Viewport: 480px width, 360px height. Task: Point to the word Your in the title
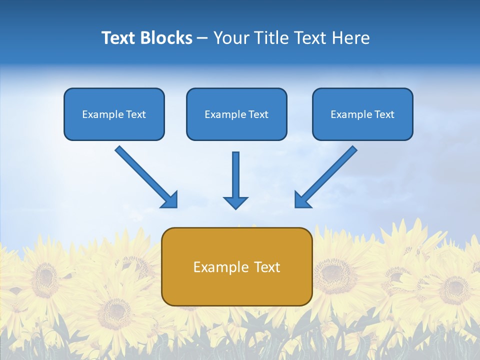[x=231, y=38]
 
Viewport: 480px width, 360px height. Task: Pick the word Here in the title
[x=351, y=38]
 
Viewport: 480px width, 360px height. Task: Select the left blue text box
[x=114, y=114]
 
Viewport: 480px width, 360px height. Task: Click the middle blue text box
[x=236, y=114]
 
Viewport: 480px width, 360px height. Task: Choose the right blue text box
[x=362, y=114]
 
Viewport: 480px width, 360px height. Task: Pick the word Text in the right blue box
[x=384, y=114]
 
